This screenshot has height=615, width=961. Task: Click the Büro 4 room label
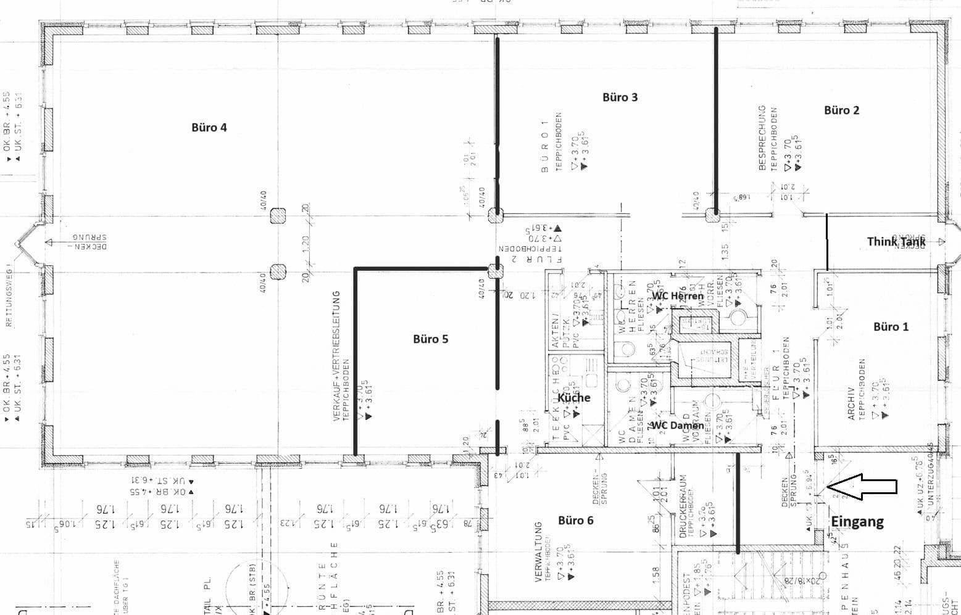coord(209,128)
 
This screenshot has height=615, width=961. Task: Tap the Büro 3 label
coord(620,97)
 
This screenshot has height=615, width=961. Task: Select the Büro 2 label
coord(841,110)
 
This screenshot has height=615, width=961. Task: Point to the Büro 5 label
coord(430,339)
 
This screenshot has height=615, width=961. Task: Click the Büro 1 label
coord(891,326)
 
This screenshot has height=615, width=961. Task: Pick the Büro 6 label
coord(575,520)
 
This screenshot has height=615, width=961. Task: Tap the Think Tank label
coord(896,241)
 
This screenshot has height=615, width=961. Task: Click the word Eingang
coord(857,521)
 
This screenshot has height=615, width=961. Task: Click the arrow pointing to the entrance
coord(863,487)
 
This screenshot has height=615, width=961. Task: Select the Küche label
coord(573,397)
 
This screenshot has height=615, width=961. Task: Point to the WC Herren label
coord(678,295)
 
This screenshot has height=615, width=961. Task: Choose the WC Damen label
coord(677,425)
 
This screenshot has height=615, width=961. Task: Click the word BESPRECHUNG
coord(762,138)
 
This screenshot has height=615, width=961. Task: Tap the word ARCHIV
coord(851,404)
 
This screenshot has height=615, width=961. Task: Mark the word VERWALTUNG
coord(538,552)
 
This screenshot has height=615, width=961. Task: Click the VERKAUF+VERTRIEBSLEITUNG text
coord(337,357)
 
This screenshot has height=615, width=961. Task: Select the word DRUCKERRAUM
coord(683,507)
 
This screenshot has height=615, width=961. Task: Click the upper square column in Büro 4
coord(278,215)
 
